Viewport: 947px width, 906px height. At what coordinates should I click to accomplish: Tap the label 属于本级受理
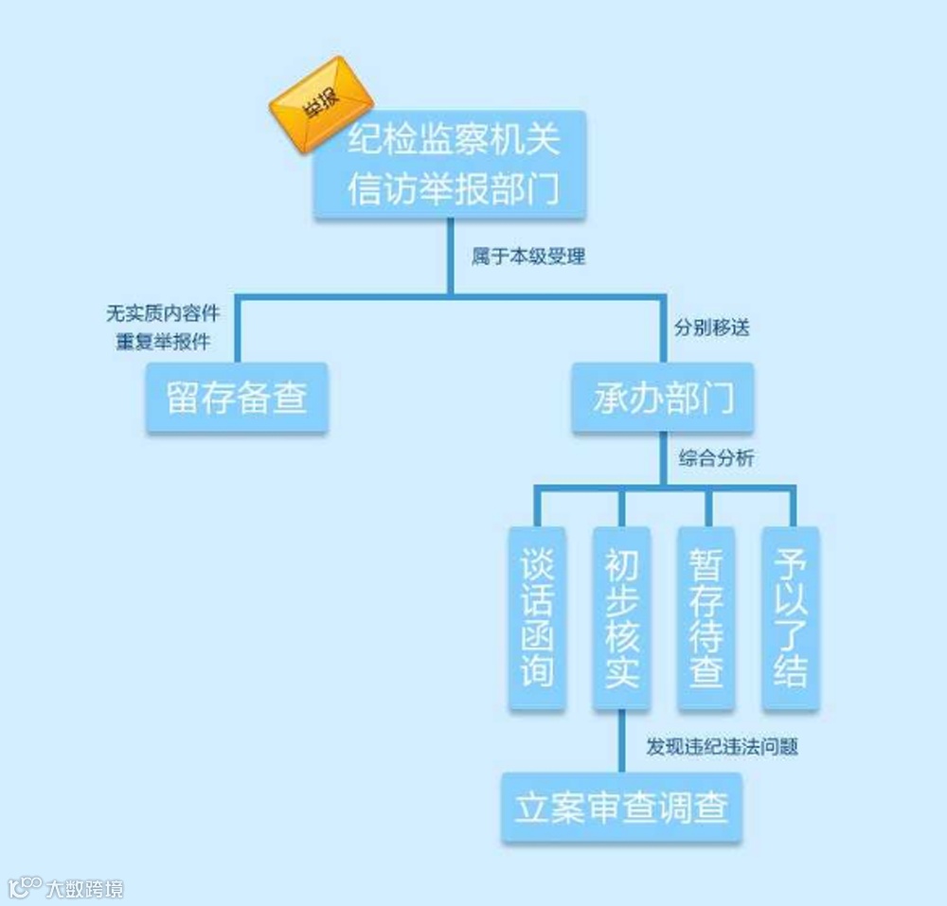click(x=527, y=257)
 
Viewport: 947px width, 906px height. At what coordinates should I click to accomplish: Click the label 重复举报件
click(x=162, y=341)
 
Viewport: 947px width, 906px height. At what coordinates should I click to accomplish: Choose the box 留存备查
click(x=237, y=398)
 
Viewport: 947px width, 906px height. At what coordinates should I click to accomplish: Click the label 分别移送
click(x=711, y=329)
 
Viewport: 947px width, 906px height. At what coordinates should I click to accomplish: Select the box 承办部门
click(x=663, y=398)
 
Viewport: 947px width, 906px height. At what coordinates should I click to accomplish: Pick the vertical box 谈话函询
click(x=537, y=617)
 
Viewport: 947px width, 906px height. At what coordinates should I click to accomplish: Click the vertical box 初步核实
click(x=621, y=617)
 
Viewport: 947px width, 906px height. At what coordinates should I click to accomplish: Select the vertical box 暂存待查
click(x=706, y=617)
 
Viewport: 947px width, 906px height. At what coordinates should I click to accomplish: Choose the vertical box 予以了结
click(x=791, y=617)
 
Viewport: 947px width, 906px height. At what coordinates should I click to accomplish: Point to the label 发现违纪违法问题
click(x=722, y=747)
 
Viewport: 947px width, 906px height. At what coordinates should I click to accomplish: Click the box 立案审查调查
click(x=621, y=808)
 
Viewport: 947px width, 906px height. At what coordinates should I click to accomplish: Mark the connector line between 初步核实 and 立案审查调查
click(x=621, y=742)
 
